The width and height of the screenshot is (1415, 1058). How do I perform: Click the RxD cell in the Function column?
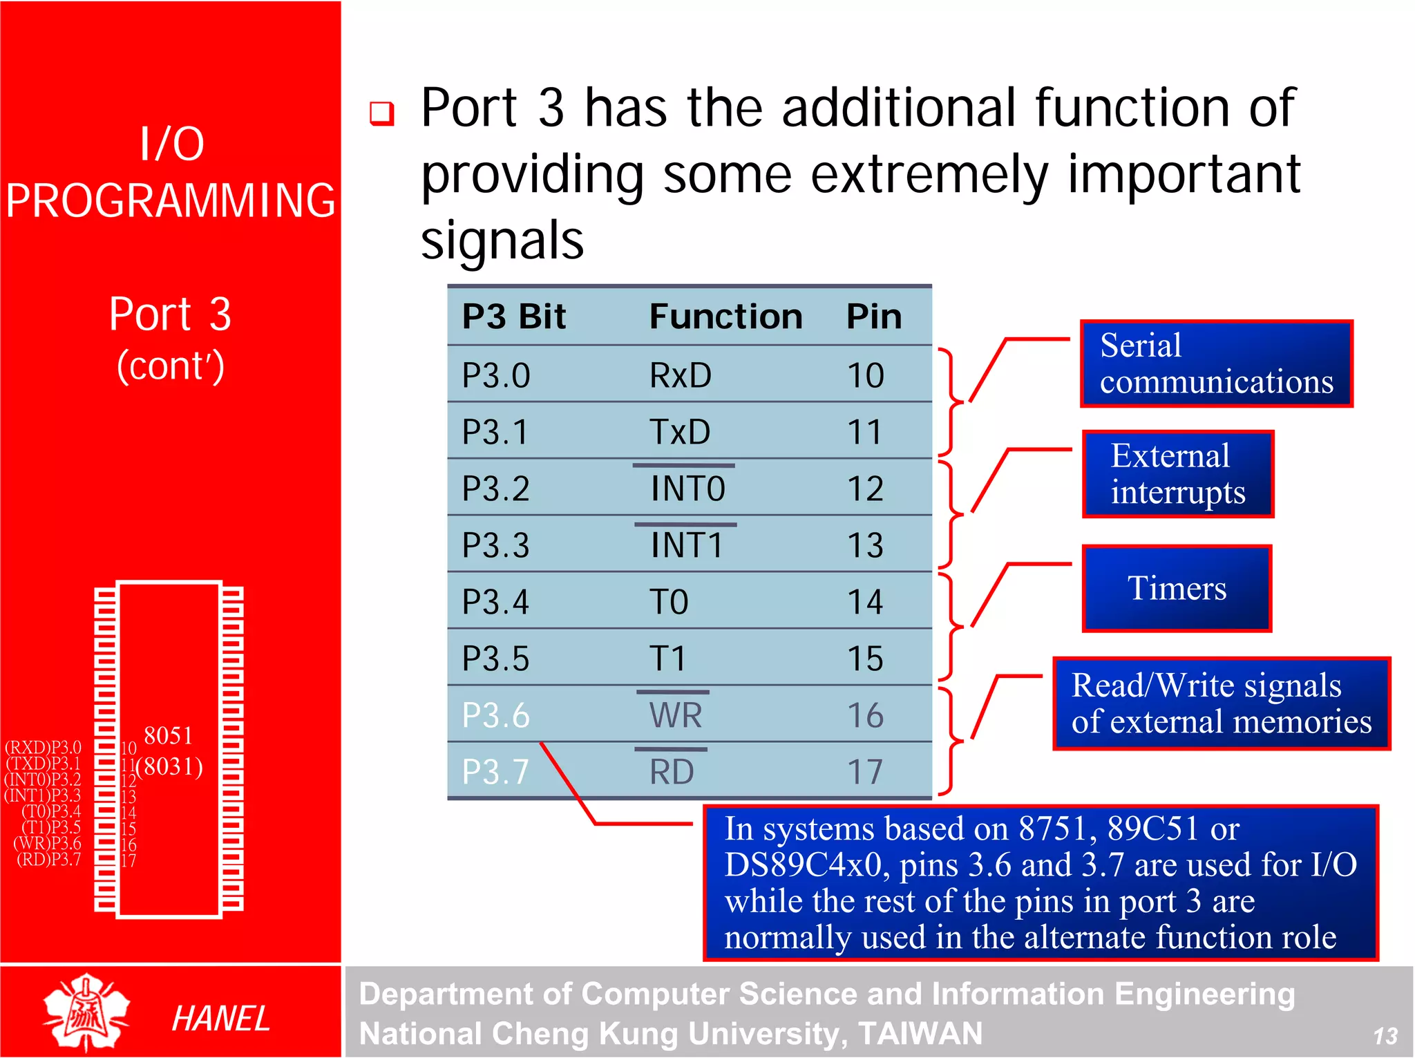click(680, 376)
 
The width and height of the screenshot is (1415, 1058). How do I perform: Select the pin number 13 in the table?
click(865, 546)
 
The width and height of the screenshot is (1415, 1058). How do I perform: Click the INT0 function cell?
click(687, 489)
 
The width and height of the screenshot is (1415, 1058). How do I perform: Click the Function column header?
click(725, 317)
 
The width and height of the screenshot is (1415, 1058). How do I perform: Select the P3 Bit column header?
click(513, 317)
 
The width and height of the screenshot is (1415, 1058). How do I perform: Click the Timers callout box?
click(1177, 589)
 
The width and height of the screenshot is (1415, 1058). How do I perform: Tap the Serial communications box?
click(1215, 364)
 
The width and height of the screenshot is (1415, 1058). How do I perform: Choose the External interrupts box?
click(1177, 475)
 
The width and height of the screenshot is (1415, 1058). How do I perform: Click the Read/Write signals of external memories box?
click(1221, 703)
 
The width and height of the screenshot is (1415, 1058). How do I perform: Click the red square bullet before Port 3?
click(381, 113)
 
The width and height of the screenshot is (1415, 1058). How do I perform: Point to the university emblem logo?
click(86, 1012)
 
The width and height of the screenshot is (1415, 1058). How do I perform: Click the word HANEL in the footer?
click(220, 1019)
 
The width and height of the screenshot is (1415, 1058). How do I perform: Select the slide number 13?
click(1385, 1036)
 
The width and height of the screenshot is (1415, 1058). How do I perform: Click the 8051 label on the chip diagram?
click(168, 736)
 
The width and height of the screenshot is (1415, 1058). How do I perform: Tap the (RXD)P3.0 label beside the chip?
click(43, 748)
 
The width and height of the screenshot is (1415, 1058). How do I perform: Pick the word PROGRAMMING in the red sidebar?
click(171, 201)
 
